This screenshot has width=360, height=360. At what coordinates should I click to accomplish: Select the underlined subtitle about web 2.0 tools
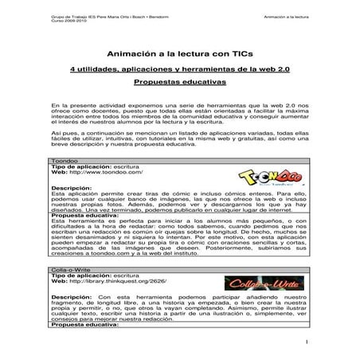pos(179,70)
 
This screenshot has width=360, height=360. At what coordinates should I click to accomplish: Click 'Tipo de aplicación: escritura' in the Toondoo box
pos(95,166)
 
